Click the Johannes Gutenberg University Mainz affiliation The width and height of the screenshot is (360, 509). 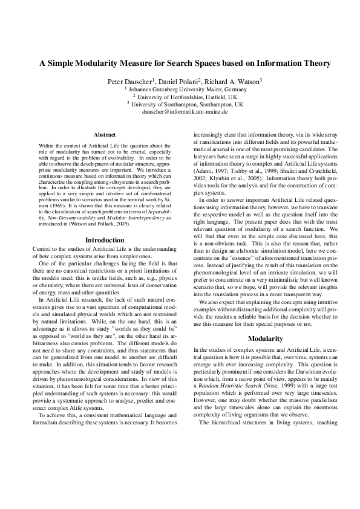(180, 88)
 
